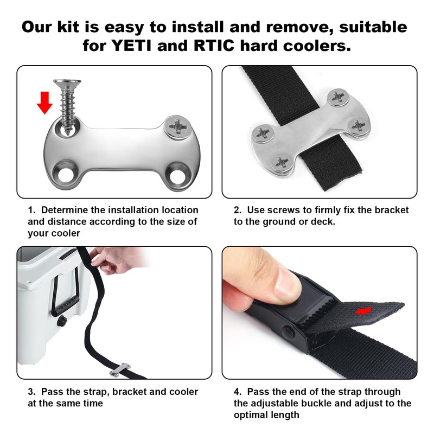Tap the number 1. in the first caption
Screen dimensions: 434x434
click(x=31, y=210)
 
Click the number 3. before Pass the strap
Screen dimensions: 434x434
click(x=31, y=392)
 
